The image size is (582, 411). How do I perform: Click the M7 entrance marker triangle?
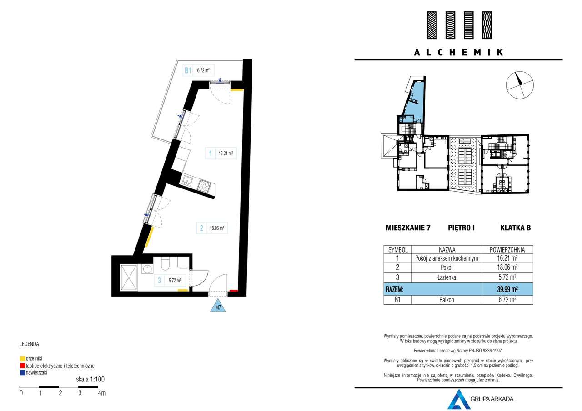218,307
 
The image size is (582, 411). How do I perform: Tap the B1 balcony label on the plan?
187,70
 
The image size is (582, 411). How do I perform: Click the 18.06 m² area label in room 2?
216,229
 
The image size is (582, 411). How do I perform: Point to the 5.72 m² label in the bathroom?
175,281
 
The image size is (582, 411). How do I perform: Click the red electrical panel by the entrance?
233,290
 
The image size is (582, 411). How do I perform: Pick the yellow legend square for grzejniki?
22,358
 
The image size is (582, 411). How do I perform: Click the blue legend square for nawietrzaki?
22,372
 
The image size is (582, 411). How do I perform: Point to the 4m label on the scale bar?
102,393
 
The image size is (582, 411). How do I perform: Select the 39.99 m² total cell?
507,289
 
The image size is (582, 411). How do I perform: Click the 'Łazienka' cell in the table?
447,277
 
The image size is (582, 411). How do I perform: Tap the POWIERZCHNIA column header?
507,249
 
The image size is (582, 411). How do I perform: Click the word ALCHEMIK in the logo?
458,52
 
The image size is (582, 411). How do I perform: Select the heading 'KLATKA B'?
515,228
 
